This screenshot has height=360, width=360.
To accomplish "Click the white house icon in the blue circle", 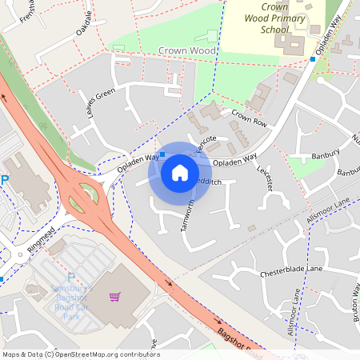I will (180, 172).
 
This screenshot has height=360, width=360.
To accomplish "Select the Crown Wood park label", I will (187, 50).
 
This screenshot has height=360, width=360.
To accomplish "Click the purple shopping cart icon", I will (114, 298).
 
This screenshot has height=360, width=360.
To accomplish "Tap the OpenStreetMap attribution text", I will (81, 354).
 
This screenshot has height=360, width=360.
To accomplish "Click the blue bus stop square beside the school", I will (313, 58).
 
